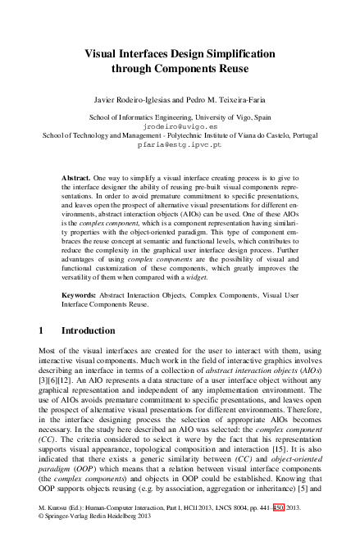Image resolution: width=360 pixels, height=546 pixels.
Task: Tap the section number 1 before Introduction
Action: (42, 332)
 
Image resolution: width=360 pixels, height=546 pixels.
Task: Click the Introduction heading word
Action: (85, 332)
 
